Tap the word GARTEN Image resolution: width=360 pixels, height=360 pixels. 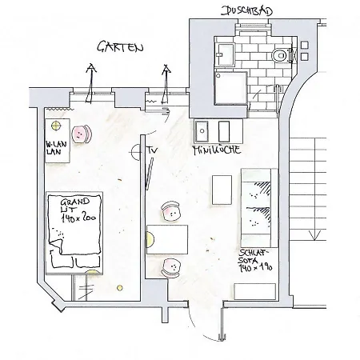point(121,47)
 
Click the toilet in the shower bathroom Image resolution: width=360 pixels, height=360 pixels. point(278,55)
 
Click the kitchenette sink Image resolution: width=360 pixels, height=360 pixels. point(202,130)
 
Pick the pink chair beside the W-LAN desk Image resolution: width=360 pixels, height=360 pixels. point(82,134)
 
